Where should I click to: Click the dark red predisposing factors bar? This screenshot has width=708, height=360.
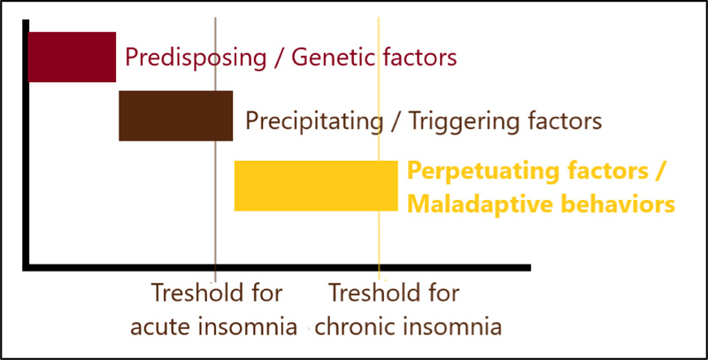(73, 57)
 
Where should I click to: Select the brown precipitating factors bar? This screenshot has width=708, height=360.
(175, 116)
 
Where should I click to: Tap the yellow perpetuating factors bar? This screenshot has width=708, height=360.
(316, 186)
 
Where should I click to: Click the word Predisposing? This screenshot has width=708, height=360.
(196, 58)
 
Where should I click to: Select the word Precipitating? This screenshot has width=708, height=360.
(314, 121)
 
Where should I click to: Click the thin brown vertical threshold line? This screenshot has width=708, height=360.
(215, 149)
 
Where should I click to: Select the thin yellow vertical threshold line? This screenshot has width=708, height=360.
(379, 148)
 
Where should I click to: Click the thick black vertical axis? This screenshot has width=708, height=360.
(26, 145)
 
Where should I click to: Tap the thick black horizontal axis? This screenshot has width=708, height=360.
(276, 267)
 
